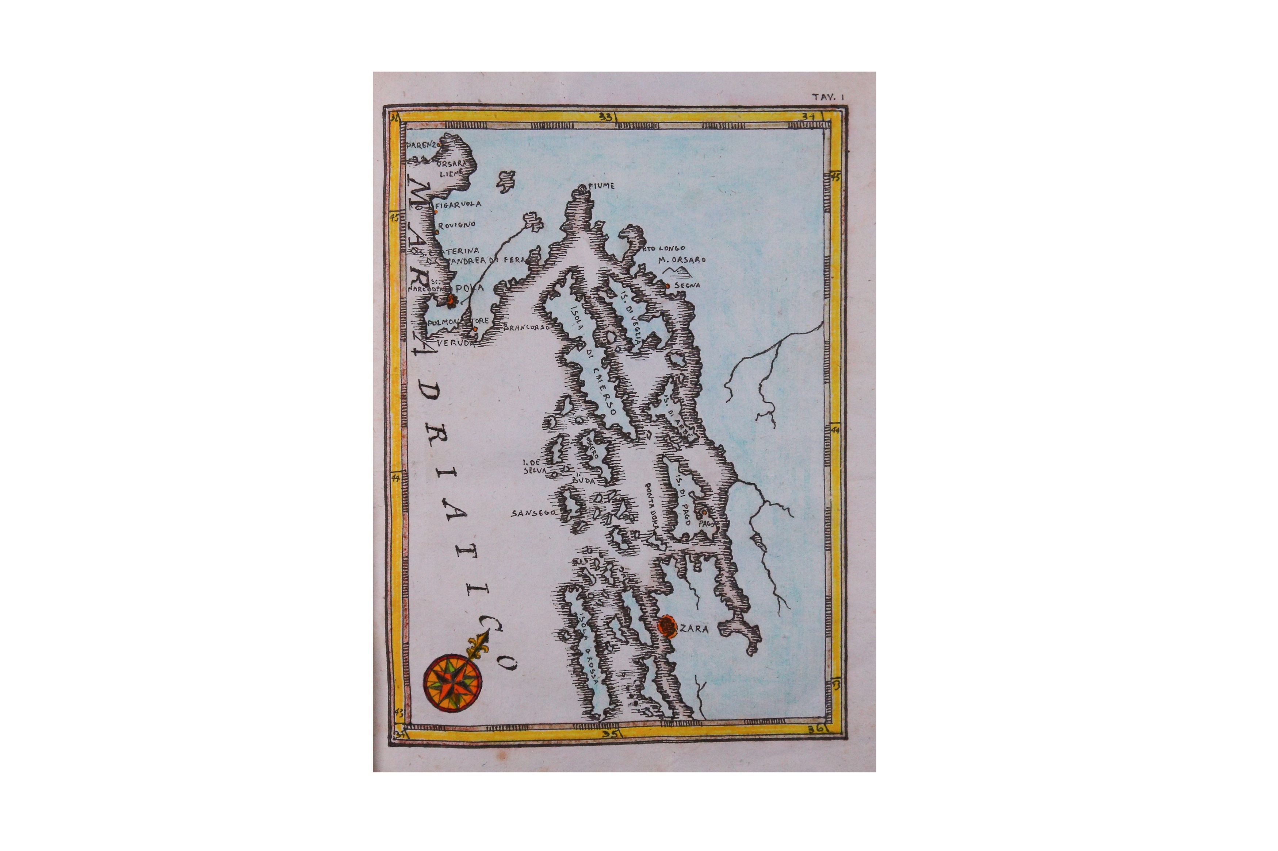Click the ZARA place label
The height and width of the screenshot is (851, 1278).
pos(694,629)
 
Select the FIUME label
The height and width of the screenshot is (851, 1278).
pos(601,186)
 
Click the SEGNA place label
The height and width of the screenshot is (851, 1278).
pos(687,285)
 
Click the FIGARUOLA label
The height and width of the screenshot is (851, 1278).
pos(458,205)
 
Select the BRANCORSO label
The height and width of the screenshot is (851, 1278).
pos(526,327)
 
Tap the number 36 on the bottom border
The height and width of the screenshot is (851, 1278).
pos(815,729)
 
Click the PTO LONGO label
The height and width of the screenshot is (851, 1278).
pos(664,248)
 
